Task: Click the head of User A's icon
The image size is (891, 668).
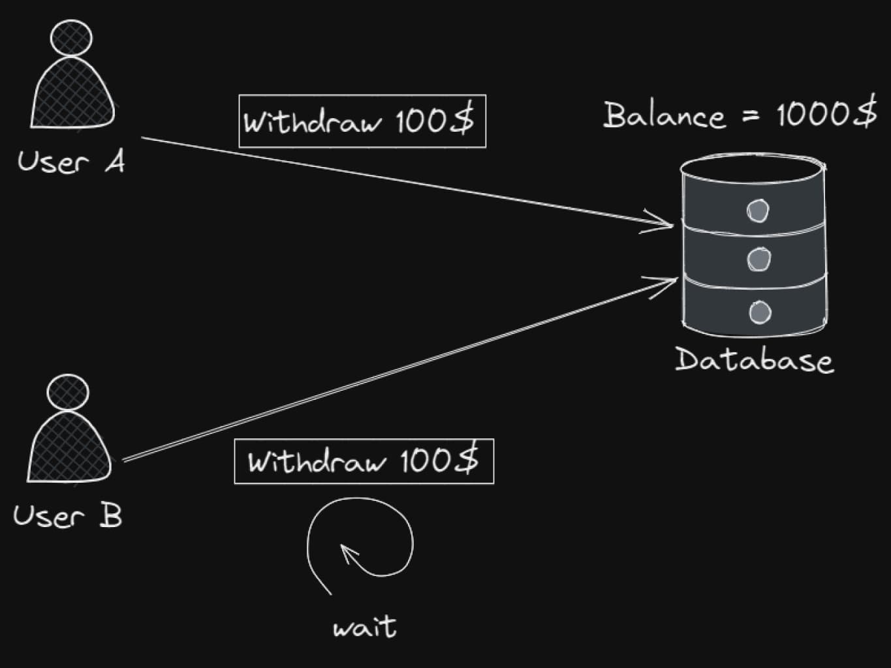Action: point(71,37)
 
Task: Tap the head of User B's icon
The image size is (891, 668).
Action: point(68,393)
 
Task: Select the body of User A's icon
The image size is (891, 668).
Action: point(72,97)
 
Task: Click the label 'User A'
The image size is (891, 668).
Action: point(71,161)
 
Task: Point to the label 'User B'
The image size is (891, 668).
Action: point(68,515)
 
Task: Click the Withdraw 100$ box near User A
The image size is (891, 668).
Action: point(362,121)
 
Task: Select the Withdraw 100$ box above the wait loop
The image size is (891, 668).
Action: point(364,462)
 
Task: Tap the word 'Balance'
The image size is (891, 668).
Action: point(664,116)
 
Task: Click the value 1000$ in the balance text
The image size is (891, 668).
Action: point(826,114)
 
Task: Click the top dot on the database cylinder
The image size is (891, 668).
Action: point(758,211)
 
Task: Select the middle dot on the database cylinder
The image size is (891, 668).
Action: point(758,260)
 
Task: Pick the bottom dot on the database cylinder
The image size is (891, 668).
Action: point(759,312)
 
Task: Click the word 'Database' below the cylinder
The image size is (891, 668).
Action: point(754,360)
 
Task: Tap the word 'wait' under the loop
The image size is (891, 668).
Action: point(364,627)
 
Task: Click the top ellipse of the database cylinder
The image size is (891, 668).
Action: point(753,168)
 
